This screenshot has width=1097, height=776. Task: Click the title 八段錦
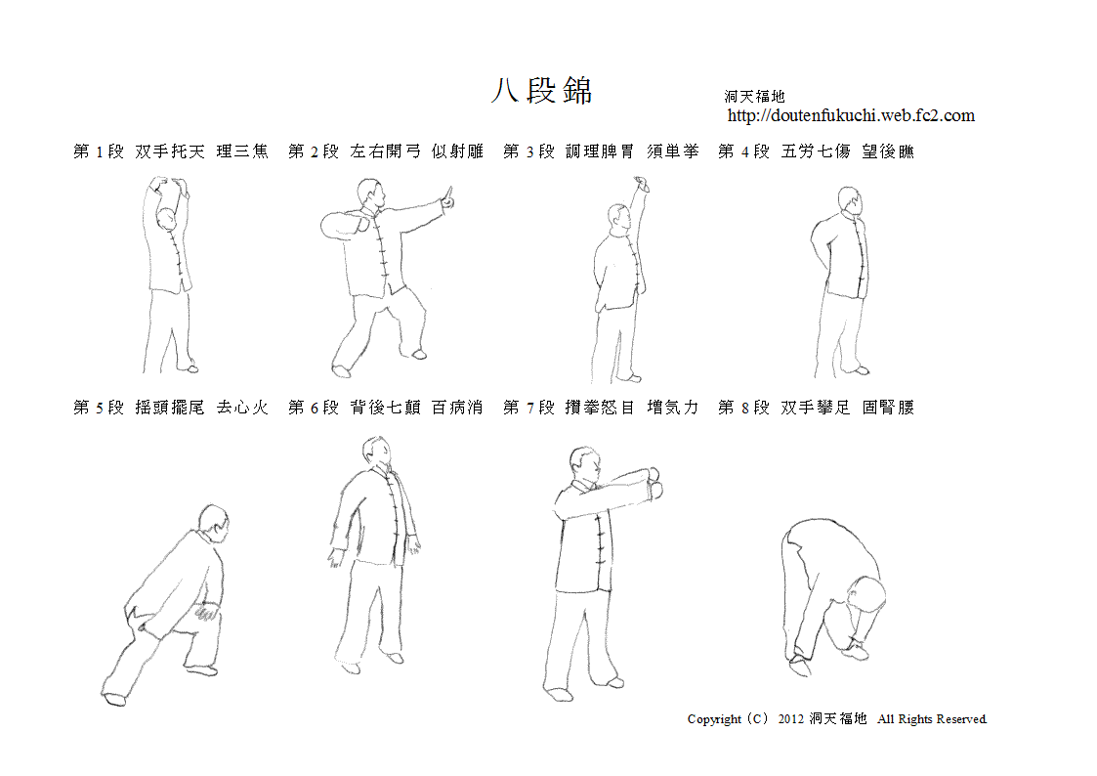[541, 91]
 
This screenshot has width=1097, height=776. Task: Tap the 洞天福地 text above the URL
[754, 96]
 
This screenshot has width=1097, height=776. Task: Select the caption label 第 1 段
[99, 151]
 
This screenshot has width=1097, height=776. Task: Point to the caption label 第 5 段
[99, 408]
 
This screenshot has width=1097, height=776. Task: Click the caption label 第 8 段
[743, 408]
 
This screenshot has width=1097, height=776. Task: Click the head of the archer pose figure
[370, 194]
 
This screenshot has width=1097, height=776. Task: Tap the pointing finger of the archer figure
[447, 197]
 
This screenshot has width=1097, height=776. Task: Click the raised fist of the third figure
[641, 184]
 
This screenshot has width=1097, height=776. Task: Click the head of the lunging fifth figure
[213, 522]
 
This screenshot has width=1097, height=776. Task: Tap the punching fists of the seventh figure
[654, 483]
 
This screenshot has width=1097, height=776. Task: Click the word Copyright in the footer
[714, 719]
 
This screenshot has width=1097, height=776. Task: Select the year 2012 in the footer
[790, 719]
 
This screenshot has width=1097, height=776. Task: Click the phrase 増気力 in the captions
[672, 408]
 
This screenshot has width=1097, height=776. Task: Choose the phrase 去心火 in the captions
[242, 408]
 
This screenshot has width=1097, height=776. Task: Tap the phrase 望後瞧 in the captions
[888, 151]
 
